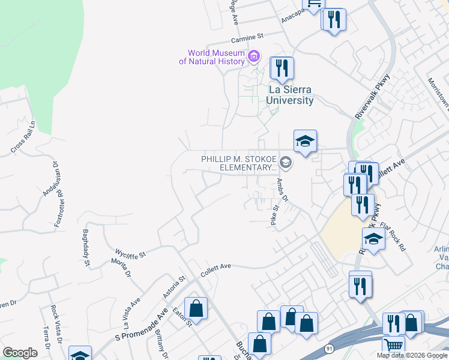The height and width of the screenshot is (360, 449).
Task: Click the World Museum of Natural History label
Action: click(x=216, y=57)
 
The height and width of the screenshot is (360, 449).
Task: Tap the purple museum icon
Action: click(x=254, y=57)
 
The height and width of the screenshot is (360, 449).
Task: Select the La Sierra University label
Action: click(x=291, y=95)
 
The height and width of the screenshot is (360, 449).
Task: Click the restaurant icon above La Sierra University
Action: click(x=282, y=68)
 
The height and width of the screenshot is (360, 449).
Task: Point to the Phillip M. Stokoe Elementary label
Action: click(x=238, y=163)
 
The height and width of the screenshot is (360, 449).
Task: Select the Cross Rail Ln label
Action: click(x=23, y=136)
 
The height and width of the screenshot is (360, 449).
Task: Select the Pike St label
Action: click(x=274, y=215)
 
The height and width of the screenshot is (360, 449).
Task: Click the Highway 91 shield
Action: click(x=329, y=349)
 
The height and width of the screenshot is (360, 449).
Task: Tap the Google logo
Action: click(x=20, y=353)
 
